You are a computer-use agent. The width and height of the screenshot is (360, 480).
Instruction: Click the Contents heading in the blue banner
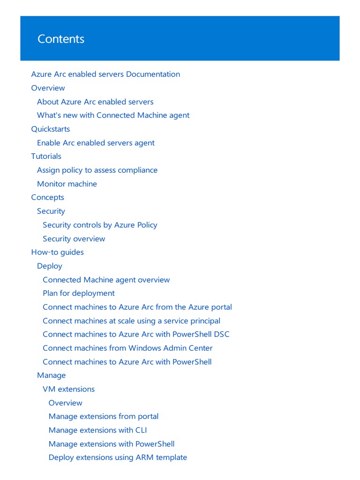[61, 39]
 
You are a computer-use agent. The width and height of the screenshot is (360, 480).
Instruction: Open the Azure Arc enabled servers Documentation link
[105, 74]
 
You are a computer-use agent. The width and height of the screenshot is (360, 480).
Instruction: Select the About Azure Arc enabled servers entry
[95, 102]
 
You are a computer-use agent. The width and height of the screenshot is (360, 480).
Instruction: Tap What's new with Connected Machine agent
[113, 115]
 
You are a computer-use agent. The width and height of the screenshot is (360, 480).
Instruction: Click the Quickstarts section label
[51, 129]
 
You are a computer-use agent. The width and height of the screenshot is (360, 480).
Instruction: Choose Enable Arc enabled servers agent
[96, 143]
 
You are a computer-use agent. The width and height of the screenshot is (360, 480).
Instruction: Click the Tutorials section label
[46, 156]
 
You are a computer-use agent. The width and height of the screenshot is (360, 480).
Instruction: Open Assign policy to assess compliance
[97, 170]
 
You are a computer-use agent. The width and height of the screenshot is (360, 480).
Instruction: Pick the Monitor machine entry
[67, 184]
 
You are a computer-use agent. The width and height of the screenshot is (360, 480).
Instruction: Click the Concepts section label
[47, 197]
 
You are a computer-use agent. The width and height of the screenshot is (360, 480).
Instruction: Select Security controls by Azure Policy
[100, 225]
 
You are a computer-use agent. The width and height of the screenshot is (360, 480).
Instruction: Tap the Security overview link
[74, 239]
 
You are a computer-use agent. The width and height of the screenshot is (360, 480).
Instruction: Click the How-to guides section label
[57, 252]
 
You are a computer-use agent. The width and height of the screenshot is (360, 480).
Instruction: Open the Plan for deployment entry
[79, 293]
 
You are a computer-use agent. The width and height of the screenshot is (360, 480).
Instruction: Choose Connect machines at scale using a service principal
[131, 321]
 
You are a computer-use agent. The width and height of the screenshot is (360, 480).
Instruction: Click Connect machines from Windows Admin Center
[127, 348]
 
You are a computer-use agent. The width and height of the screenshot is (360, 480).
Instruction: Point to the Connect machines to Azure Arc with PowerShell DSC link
[136, 335]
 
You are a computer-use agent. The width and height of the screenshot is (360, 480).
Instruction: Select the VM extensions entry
[68, 389]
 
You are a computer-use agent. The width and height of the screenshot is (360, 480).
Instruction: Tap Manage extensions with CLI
[98, 430]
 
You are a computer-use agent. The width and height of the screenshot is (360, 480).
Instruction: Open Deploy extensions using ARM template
[118, 457]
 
